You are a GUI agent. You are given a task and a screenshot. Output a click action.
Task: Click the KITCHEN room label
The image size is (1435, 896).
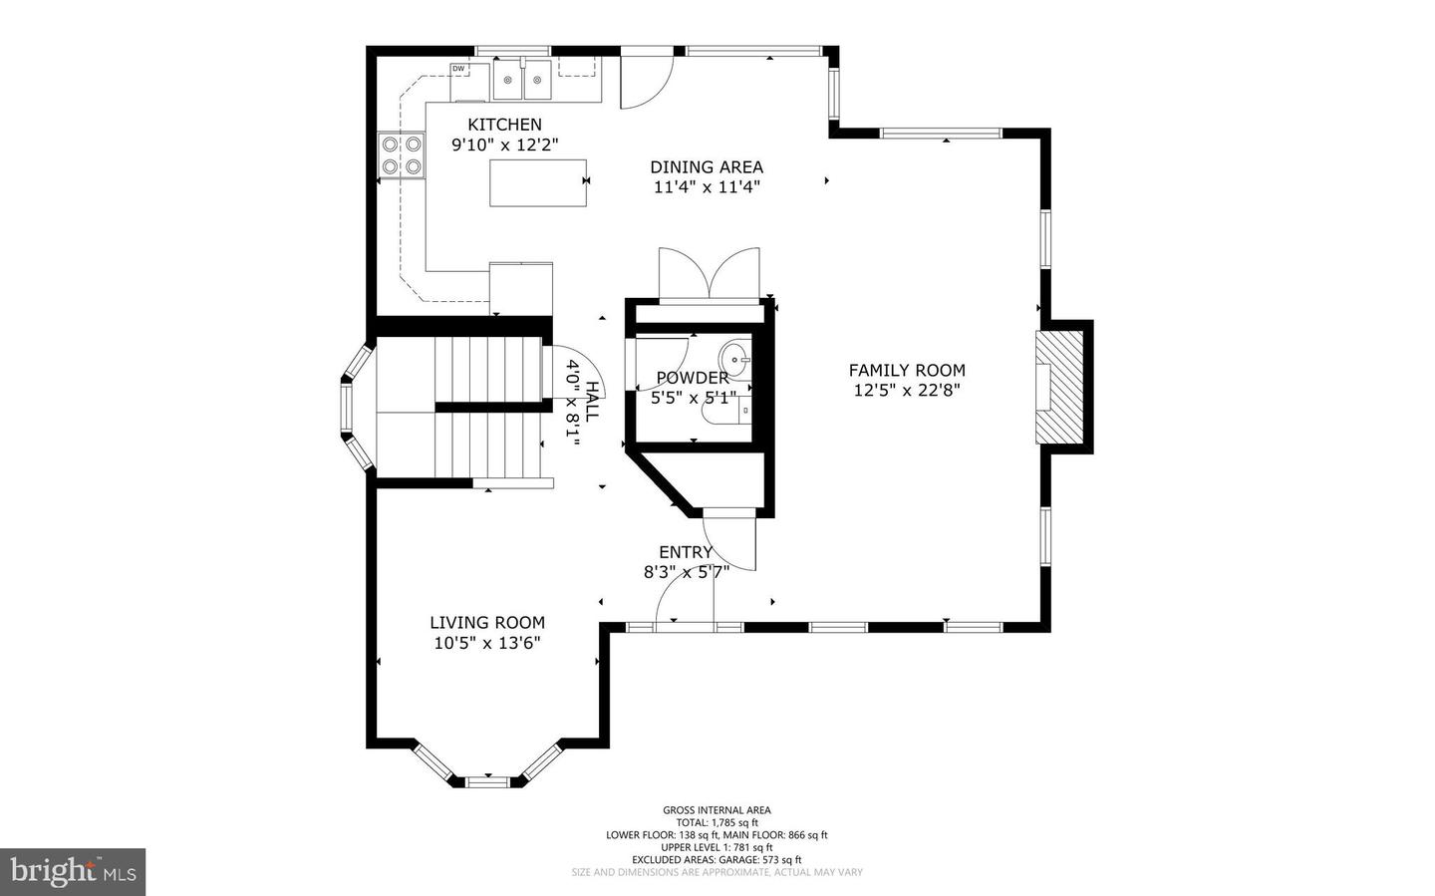point(505,125)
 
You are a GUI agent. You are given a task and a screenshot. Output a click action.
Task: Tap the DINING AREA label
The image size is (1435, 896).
point(707,167)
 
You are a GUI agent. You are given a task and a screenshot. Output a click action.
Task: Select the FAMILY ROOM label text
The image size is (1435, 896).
point(907,371)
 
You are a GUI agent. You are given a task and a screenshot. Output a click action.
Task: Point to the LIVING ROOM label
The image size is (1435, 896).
point(487,623)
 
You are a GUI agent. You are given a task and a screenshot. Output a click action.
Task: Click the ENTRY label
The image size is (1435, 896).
point(686,552)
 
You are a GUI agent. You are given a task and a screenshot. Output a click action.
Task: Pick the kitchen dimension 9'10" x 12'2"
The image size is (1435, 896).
point(505,145)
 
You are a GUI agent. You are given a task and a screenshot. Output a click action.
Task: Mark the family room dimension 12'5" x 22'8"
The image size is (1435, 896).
point(907,391)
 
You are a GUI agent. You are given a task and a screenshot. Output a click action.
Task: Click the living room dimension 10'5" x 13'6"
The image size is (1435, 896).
point(487,643)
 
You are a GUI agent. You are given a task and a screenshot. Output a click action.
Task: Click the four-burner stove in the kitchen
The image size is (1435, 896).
point(401,155)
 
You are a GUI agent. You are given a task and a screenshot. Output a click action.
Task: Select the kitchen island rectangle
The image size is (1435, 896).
point(538,182)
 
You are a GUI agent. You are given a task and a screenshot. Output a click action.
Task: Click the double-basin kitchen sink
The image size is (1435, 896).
point(523,80)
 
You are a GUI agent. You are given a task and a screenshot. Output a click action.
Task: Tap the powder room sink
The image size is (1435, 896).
point(737,356)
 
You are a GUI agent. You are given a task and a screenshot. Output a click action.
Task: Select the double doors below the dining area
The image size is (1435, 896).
point(709,273)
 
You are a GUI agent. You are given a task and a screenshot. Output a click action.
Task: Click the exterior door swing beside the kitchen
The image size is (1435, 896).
point(646,79)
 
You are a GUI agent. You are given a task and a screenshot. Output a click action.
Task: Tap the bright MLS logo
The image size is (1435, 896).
point(73,872)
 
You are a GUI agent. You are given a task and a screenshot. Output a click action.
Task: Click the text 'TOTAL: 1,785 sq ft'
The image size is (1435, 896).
point(717,822)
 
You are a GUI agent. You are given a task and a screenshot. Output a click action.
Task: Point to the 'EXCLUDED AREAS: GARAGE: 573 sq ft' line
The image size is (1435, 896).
point(717,859)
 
